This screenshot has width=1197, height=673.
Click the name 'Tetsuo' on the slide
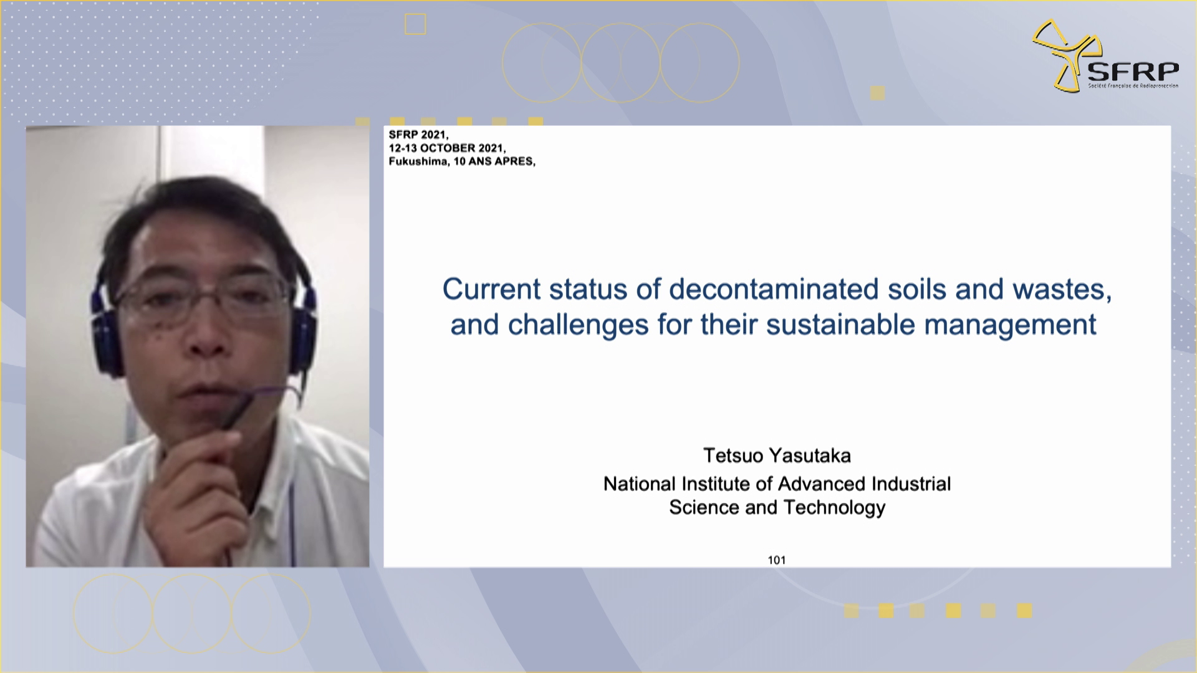coord(733,456)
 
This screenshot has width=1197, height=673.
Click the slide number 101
coord(777,560)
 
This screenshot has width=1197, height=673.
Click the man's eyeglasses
coord(203,301)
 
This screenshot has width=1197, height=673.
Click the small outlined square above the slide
coord(415,24)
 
